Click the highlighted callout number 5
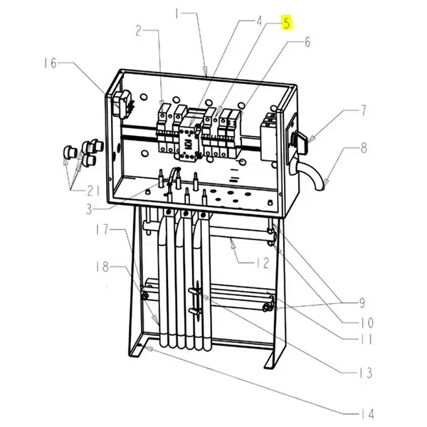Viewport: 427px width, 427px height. tap(287, 23)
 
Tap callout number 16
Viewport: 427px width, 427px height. tap(51, 63)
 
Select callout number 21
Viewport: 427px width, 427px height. tap(93, 191)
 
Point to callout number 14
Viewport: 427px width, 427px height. tap(367, 414)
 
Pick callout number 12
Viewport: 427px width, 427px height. tap(262, 263)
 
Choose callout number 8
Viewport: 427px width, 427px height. tap(364, 149)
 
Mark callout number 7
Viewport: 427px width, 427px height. tap(364, 110)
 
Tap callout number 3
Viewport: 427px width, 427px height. tap(89, 209)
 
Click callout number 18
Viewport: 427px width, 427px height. tap(102, 267)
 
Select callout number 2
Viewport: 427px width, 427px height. tap(139, 31)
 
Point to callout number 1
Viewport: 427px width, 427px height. tap(178, 14)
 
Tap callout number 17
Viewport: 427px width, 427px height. tap(102, 230)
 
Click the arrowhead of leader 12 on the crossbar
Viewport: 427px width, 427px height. tap(232, 243)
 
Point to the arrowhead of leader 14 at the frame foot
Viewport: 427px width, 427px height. tap(149, 348)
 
